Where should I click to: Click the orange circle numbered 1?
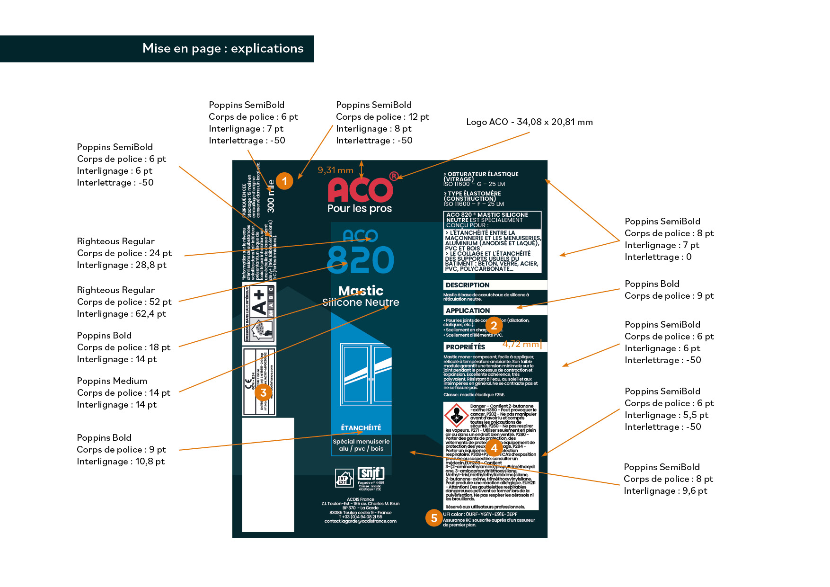(284, 181)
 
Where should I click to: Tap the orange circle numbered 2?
(494, 325)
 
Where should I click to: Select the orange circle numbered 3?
(264, 392)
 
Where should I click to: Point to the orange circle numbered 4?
(494, 448)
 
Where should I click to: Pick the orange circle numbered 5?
(434, 518)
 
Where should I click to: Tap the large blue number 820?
(360, 260)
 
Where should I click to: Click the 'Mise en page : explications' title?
(223, 49)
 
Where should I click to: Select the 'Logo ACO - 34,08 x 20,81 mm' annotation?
(529, 122)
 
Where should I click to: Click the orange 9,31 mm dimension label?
(336, 170)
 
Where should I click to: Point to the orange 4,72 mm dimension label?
(521, 344)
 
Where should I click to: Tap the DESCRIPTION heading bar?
(495, 285)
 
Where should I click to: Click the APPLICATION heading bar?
(495, 311)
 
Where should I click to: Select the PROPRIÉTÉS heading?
(466, 347)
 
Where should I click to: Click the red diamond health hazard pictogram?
(456, 415)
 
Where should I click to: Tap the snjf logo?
(371, 473)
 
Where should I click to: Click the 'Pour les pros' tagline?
(360, 209)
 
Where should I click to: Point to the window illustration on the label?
(366, 374)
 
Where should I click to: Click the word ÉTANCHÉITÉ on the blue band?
(361, 428)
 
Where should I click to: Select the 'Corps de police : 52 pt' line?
(124, 302)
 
